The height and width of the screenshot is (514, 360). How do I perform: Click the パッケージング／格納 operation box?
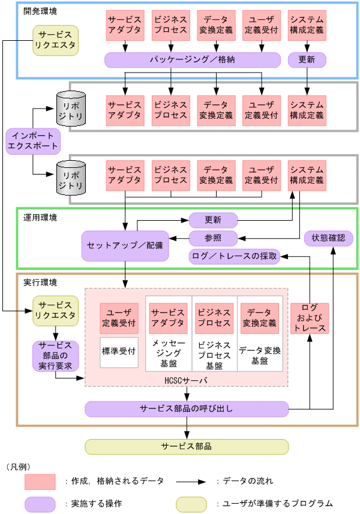click(193, 60)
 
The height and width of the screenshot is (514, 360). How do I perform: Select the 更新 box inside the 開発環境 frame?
click(307, 60)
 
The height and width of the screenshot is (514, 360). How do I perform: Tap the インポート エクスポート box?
click(34, 140)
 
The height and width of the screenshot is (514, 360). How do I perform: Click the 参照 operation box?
click(214, 238)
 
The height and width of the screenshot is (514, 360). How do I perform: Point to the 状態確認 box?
click(329, 238)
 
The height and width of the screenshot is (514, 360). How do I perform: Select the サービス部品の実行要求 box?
click(55, 356)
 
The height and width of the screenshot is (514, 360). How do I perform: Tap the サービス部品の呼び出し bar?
click(187, 409)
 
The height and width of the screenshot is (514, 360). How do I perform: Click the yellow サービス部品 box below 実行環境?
click(187, 447)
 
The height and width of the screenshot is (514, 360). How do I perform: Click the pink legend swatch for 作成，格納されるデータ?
click(40, 481)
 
